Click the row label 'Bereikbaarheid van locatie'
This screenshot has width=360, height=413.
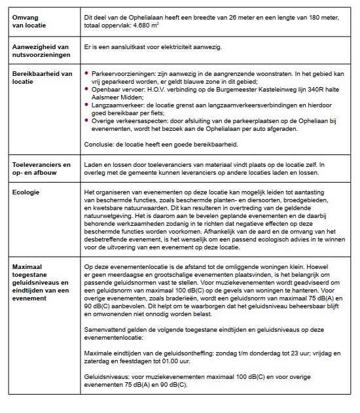pyautogui.click(x=42, y=77)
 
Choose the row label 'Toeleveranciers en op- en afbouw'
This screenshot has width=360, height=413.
pyautogui.click(x=41, y=170)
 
